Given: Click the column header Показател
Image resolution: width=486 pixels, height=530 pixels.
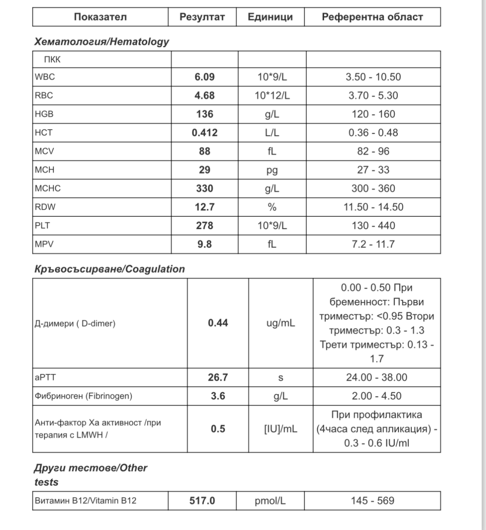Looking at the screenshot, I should point(100,17).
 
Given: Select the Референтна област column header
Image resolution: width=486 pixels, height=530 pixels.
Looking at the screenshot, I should point(372,17).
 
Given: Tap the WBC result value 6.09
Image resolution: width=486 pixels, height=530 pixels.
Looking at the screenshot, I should point(204,77).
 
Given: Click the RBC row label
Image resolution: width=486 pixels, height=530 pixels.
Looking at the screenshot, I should point(44,96).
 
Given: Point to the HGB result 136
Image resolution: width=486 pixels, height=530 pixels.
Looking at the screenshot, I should point(204,114).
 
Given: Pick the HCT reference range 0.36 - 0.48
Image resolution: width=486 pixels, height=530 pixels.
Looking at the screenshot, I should point(372,133).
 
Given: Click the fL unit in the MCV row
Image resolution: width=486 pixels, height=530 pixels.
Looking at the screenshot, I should point(272,151).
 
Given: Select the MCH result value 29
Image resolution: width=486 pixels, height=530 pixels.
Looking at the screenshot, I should point(204,170).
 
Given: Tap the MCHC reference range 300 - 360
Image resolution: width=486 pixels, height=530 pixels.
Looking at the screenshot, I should point(372,188).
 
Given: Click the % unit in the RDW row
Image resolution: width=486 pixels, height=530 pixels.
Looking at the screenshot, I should point(272,207).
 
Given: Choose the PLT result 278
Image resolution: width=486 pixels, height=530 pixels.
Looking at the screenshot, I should point(204,226).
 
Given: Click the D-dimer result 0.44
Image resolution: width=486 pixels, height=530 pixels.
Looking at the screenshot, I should point(218,323).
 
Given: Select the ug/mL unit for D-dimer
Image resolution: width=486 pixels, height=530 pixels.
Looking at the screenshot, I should point(281,323).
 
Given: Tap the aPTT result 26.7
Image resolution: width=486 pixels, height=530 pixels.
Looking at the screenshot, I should point(218,377).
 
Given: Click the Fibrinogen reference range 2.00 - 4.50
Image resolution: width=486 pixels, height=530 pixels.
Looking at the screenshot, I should point(377,396).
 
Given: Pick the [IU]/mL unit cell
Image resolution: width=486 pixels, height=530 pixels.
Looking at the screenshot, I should point(281,429).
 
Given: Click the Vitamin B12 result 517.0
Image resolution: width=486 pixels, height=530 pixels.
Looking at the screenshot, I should point(202,501).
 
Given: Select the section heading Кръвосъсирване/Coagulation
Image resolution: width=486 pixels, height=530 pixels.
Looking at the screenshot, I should point(109,269).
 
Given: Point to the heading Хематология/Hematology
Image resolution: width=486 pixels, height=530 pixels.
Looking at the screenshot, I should point(101,42).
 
